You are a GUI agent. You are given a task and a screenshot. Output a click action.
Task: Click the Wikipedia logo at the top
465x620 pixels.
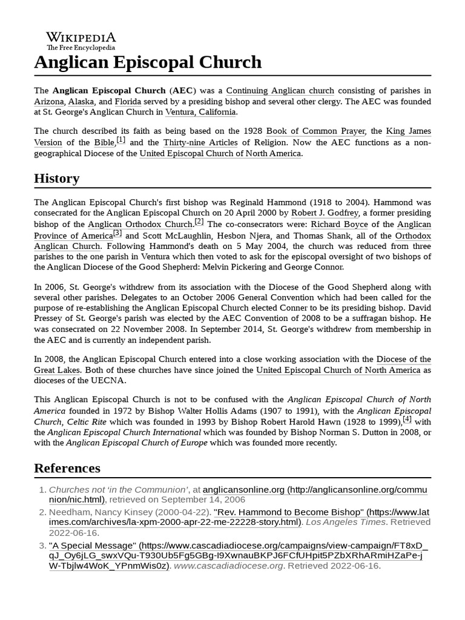coord(81,40)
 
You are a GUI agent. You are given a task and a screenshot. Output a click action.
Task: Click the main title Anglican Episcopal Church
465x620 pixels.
coord(148,62)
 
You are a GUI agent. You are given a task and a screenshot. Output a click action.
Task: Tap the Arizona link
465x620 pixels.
coord(48,101)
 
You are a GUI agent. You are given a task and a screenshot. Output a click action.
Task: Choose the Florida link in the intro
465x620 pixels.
coord(128,101)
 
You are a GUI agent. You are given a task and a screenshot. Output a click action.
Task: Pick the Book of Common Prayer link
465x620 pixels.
coord(315,131)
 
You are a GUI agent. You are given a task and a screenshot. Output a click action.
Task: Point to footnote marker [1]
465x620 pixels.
coord(121,140)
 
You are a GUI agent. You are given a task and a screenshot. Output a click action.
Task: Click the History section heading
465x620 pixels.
coord(56,178)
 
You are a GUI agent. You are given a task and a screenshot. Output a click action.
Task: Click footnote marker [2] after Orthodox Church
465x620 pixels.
coord(199,222)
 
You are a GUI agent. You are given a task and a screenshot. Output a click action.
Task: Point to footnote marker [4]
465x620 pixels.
coord(407,418)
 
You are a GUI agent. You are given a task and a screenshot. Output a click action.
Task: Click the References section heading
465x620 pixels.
coord(67,468)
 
